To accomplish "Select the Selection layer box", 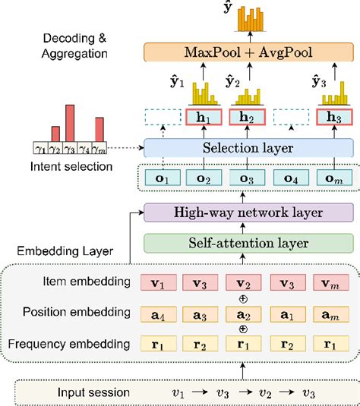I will pos(249,147).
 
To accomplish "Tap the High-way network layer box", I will pos(249,213).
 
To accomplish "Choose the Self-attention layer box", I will pos(249,243).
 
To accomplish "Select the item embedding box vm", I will pos(335,283).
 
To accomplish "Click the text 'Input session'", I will pos(94,392).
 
